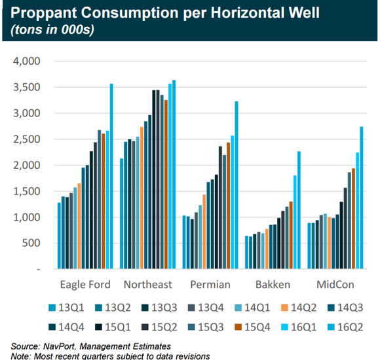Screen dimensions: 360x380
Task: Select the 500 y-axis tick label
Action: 31,243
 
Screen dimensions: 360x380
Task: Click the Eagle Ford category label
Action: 84,284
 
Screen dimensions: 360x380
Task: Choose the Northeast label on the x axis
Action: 147,284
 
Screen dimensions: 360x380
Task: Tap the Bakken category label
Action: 271,284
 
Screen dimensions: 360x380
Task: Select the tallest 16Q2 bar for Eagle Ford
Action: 111,177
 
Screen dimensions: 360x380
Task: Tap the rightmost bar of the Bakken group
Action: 298,210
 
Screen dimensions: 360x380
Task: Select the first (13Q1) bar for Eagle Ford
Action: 59,236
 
